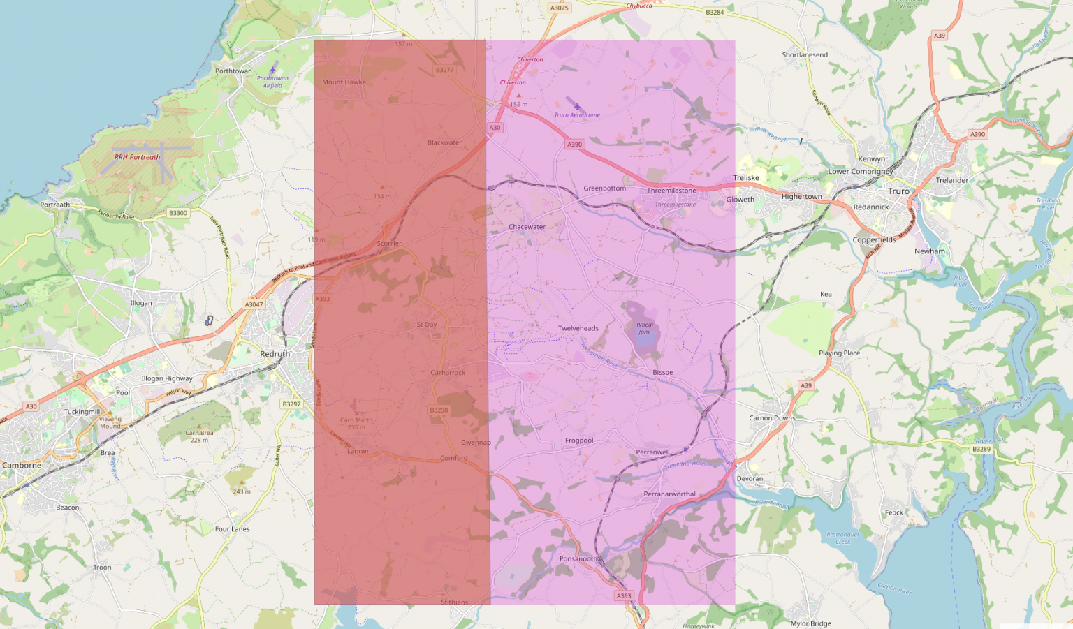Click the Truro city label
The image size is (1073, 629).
click(899, 191)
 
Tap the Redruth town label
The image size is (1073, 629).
click(275, 354)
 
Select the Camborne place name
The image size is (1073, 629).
click(22, 465)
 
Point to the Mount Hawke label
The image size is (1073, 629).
click(344, 82)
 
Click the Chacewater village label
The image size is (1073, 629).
click(527, 227)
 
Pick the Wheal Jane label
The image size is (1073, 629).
click(644, 328)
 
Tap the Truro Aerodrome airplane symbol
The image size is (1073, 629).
click(577, 107)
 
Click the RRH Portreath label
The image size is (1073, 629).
click(137, 157)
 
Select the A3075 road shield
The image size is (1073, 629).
click(559, 8)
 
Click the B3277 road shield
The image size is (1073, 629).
click(444, 70)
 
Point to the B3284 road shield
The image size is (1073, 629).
click(715, 13)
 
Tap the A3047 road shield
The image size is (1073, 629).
click(254, 304)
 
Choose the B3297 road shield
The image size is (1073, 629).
click(291, 404)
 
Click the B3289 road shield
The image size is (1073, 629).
click(981, 450)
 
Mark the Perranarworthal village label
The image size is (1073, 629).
click(669, 494)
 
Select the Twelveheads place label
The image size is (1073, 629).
click(578, 328)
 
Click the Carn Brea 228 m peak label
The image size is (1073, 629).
click(199, 436)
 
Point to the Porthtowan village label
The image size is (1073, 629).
click(233, 71)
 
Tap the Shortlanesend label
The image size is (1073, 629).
click(805, 55)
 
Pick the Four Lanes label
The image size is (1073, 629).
click(232, 529)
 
